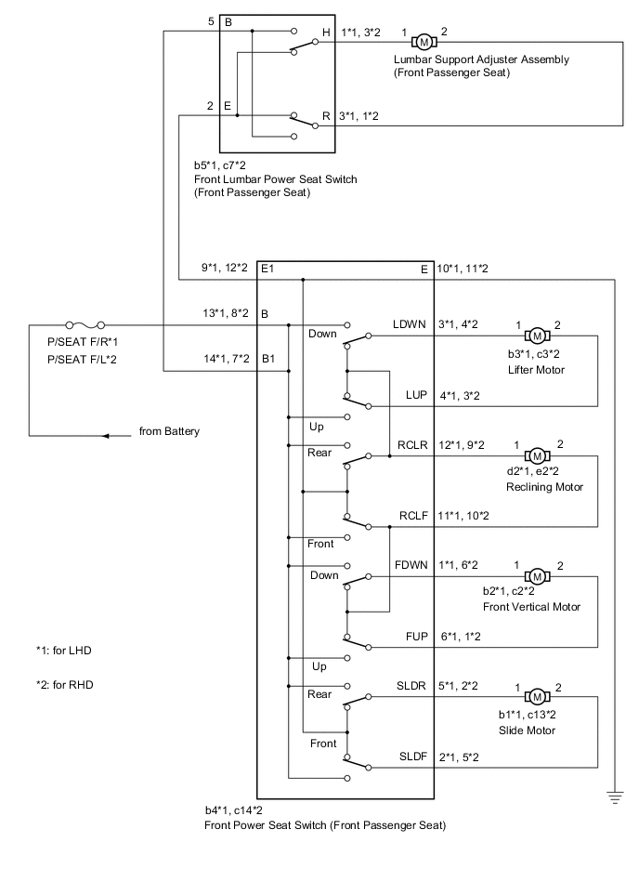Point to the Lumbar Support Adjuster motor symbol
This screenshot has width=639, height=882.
tap(423, 42)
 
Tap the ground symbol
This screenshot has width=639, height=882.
tap(614, 796)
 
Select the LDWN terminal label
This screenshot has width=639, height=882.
tap(409, 323)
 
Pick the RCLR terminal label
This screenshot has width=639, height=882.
tap(409, 444)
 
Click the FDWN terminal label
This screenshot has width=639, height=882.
tap(409, 565)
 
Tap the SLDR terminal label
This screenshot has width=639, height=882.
tap(410, 685)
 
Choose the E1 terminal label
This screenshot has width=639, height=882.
tap(268, 269)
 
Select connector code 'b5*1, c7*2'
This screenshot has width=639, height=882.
tap(220, 165)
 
